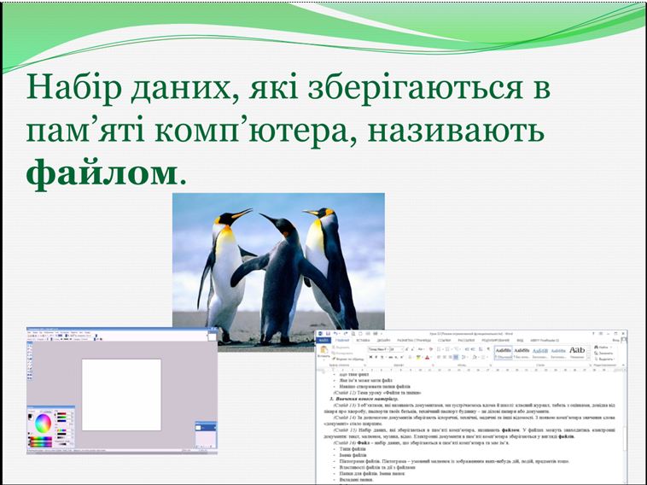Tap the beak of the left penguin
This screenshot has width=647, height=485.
point(242,213)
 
